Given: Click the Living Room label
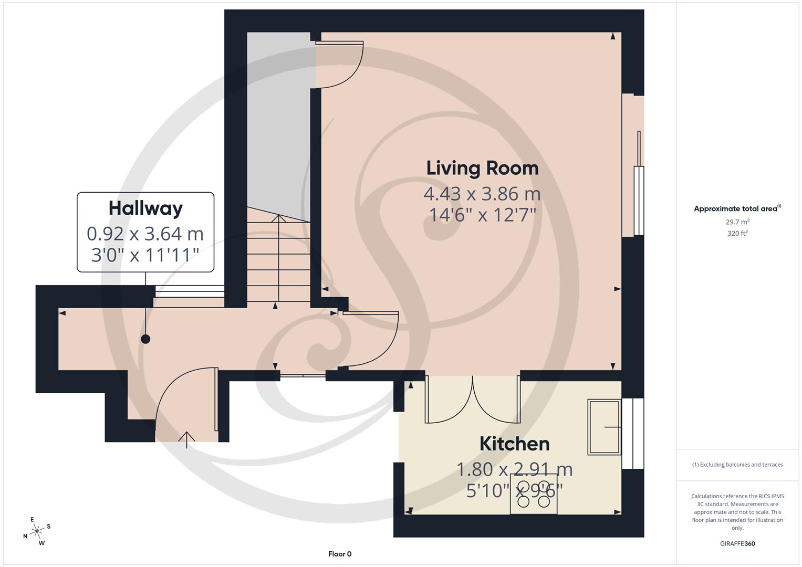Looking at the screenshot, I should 482,168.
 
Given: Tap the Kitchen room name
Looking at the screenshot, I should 514,444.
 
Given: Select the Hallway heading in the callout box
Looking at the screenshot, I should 145,208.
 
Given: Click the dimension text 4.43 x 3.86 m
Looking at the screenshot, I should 482,194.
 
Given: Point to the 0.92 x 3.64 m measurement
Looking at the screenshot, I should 145,233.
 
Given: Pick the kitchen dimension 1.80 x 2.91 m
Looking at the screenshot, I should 514,469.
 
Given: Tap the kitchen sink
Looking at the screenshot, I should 604,427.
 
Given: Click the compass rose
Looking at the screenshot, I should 36,532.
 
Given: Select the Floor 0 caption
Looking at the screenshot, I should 340,554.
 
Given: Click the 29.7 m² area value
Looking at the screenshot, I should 737,222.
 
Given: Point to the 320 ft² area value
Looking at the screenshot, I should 737,234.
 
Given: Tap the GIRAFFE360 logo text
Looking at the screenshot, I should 737,543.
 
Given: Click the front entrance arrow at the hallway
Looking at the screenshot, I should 187,439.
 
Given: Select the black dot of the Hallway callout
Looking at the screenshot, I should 145,339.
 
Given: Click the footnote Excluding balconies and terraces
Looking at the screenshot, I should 737,465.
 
